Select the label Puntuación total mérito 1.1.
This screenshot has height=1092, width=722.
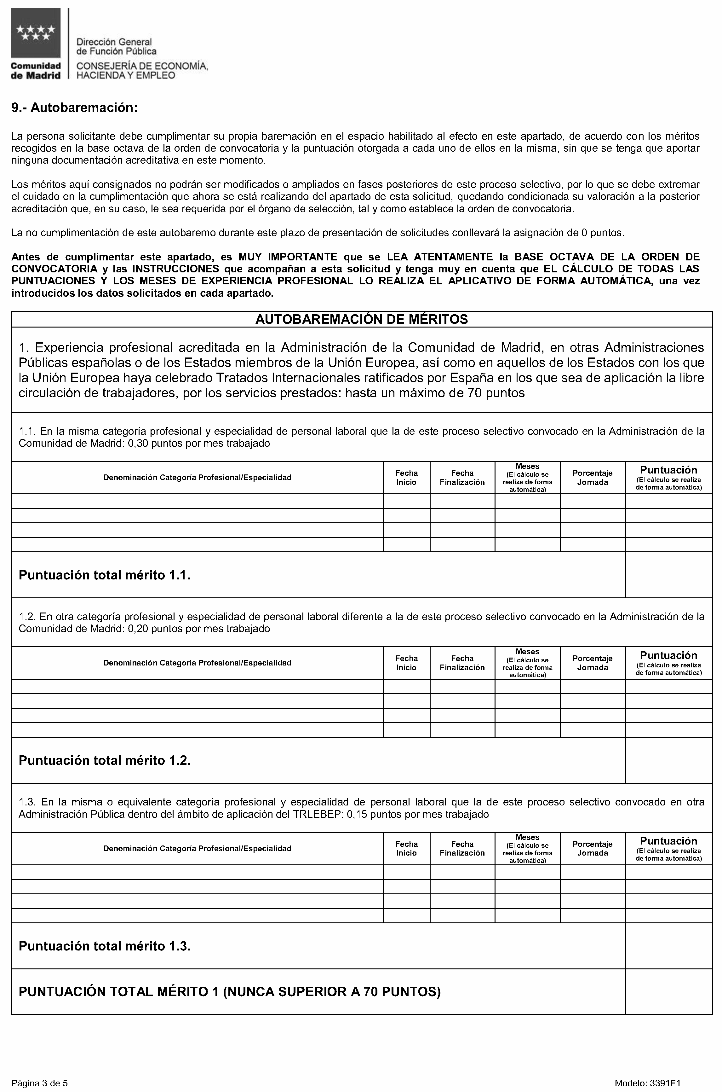click(x=105, y=575)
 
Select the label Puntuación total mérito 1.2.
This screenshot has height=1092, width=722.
click(x=105, y=760)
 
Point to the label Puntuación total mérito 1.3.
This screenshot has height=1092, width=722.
click(x=105, y=946)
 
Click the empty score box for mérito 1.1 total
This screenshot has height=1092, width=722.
click(x=668, y=575)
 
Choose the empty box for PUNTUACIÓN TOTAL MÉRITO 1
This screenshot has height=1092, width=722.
click(x=668, y=991)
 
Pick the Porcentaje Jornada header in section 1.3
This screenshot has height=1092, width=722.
click(x=592, y=848)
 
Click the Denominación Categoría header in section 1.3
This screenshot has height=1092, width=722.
click(x=197, y=848)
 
